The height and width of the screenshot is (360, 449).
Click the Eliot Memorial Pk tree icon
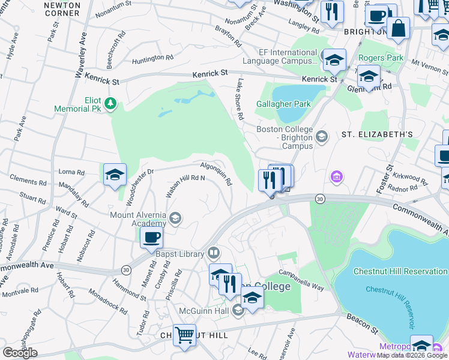coord(110,104)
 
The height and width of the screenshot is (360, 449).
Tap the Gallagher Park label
coord(284,104)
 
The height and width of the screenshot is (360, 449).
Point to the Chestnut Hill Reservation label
coord(400,271)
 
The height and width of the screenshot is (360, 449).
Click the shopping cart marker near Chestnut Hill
coord(184,335)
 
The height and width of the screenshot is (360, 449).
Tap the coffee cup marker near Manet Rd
coord(152,236)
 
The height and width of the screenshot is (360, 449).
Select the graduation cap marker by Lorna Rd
coord(115,175)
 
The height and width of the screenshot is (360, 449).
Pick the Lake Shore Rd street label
coord(240,98)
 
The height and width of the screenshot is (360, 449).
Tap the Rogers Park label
coord(381,58)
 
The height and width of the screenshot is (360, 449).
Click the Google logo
coord(20,353)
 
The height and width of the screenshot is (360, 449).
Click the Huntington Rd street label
coord(152,58)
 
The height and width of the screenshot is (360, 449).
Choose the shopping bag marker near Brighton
coord(397,28)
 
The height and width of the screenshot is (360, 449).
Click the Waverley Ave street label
coord(81,55)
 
